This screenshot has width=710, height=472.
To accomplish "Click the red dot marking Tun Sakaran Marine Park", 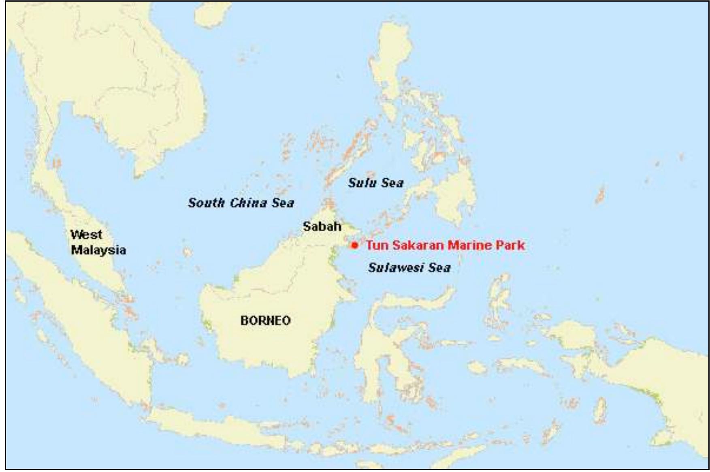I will click(x=355, y=245).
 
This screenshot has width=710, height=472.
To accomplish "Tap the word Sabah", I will click(x=322, y=226).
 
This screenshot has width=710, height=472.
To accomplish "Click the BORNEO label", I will click(x=265, y=320).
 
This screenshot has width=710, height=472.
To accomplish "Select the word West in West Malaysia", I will click(x=86, y=235).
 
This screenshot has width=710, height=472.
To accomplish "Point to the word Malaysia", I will click(x=98, y=250).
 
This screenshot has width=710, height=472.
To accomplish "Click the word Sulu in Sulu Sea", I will click(x=361, y=183).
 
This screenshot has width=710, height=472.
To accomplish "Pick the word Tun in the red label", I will click(x=377, y=245).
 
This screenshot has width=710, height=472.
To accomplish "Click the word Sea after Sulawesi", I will click(x=440, y=267).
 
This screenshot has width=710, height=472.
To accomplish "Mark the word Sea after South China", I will click(x=283, y=203).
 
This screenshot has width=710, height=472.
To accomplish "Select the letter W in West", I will click(x=76, y=235).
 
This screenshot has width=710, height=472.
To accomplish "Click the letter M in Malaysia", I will click(x=76, y=250).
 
